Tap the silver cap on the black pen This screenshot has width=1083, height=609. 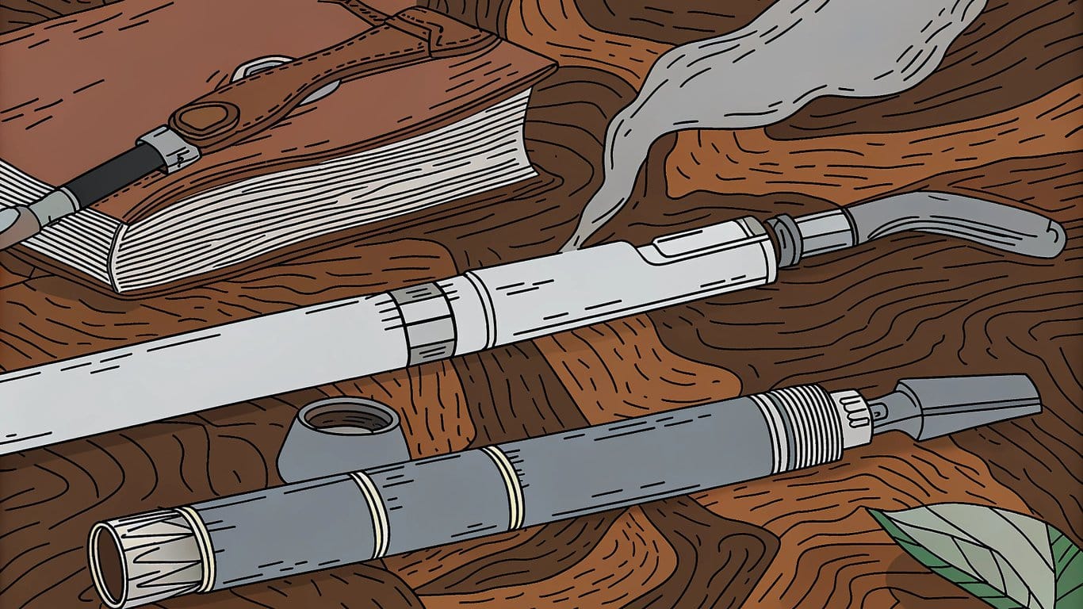coord(168,148)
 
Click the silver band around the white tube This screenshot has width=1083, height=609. coord(424,322)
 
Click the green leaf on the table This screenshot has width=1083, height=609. coord(991,555)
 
